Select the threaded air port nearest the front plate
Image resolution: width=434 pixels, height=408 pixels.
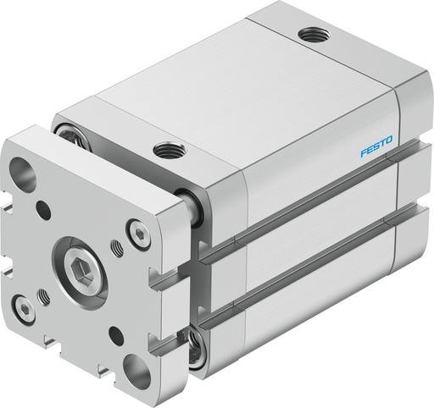[167, 151]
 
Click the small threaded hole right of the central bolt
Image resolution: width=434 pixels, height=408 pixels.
[116, 246]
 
